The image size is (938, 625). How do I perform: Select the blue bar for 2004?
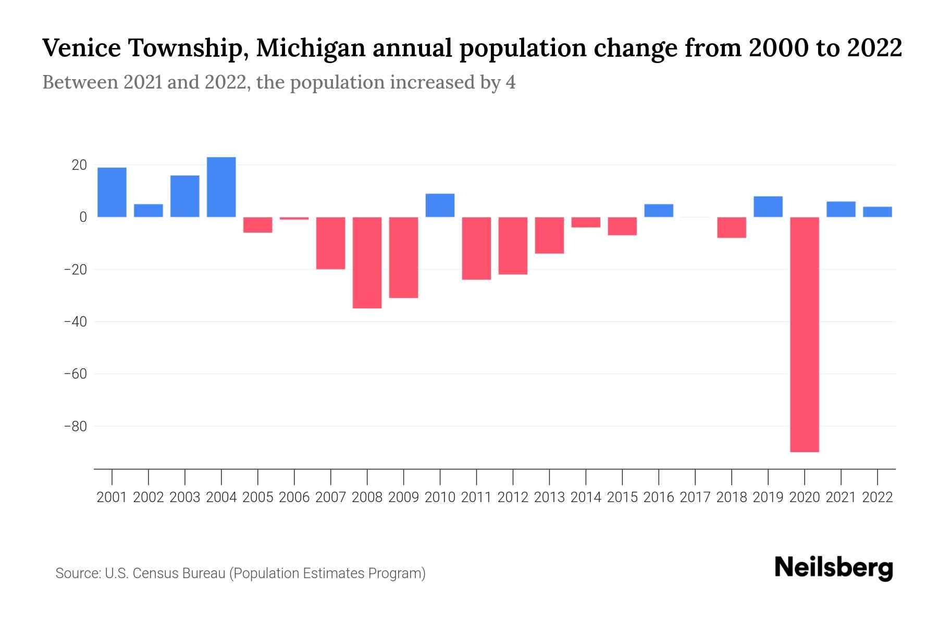pos(221,187)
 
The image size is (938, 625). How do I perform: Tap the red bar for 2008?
pos(367,262)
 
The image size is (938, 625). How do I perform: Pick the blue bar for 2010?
pos(440,205)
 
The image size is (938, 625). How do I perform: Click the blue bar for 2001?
pos(112,192)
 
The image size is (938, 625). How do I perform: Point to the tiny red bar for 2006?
pos(294,219)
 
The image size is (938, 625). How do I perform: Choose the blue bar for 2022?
pos(878,212)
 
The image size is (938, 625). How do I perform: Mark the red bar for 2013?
pos(549,235)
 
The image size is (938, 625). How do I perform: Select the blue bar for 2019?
pos(768,207)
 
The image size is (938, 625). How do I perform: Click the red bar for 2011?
pos(476,248)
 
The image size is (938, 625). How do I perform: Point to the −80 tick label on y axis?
pos(75,427)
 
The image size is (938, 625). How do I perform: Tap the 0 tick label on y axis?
pos(82,217)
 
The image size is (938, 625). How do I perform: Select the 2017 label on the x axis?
pos(695,497)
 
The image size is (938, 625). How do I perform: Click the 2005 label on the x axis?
pos(258,497)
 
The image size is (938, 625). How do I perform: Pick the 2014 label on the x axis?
pos(586,497)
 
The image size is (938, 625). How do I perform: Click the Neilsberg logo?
pos(834,568)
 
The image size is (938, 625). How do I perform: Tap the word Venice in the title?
pos(81,48)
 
